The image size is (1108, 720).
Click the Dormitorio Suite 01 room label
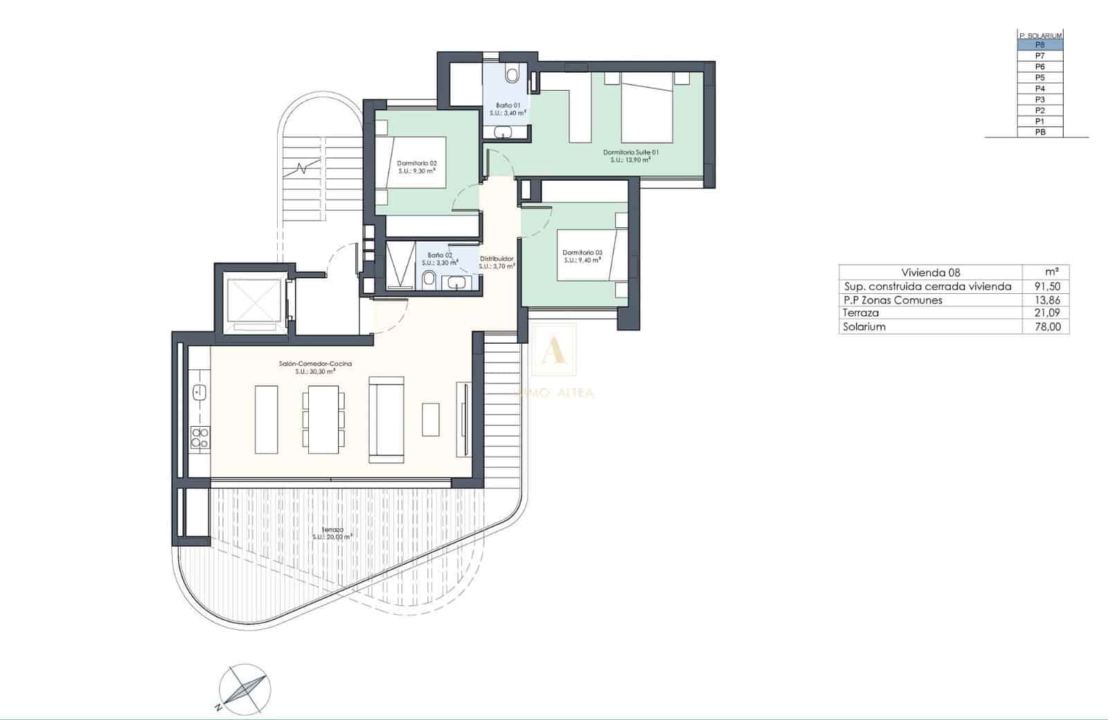pos(630,156)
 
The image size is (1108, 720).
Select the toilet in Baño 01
pos(513,73)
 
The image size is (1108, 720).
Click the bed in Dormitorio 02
pos(415,162)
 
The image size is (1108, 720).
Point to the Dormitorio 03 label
pos(582,256)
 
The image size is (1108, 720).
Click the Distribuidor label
pos(497,262)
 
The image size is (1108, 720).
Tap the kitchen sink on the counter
pos(199,393)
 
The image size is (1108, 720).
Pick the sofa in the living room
pos(386,419)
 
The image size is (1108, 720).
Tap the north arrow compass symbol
pos(244,690)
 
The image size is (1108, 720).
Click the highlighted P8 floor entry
pos(1039,44)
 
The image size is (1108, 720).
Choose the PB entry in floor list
pos(1039,132)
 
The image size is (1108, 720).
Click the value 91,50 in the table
pos(1046,286)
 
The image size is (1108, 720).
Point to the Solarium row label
pos(864,326)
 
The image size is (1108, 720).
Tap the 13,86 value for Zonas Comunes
pos(1046,300)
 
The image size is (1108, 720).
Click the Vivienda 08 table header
pos(930,272)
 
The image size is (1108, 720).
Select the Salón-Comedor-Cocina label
pos(315,367)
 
